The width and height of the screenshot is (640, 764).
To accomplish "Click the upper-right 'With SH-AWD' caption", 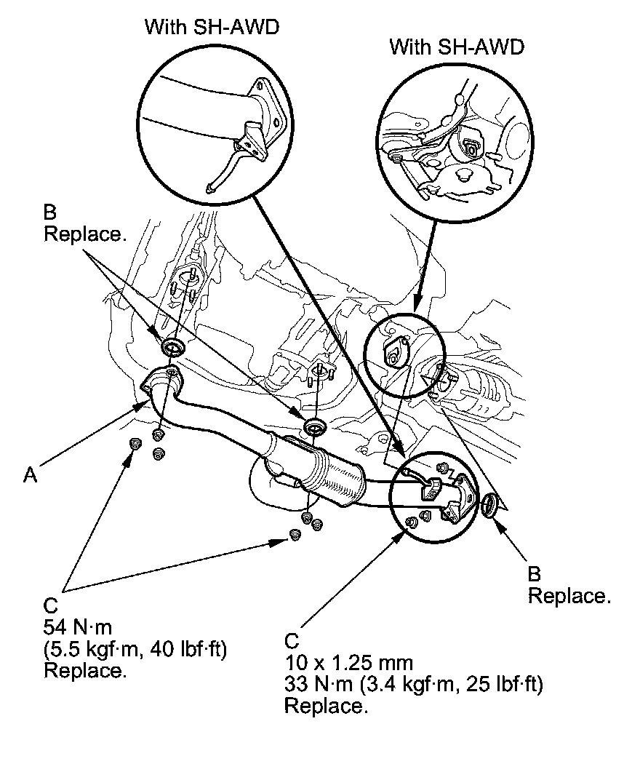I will [x=457, y=48].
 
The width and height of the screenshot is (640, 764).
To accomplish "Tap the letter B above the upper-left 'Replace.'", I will [x=49, y=212].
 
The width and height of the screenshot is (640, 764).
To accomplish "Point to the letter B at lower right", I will [x=535, y=574].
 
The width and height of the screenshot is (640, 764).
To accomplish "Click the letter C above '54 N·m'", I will [x=50, y=605].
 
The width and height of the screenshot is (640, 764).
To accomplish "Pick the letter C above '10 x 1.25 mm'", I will [x=292, y=641].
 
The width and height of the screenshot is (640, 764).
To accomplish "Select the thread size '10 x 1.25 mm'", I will [x=349, y=663].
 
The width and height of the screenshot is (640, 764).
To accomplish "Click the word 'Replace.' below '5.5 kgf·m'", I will [x=85, y=670].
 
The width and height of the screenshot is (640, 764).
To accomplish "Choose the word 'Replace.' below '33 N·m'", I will [x=325, y=706].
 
